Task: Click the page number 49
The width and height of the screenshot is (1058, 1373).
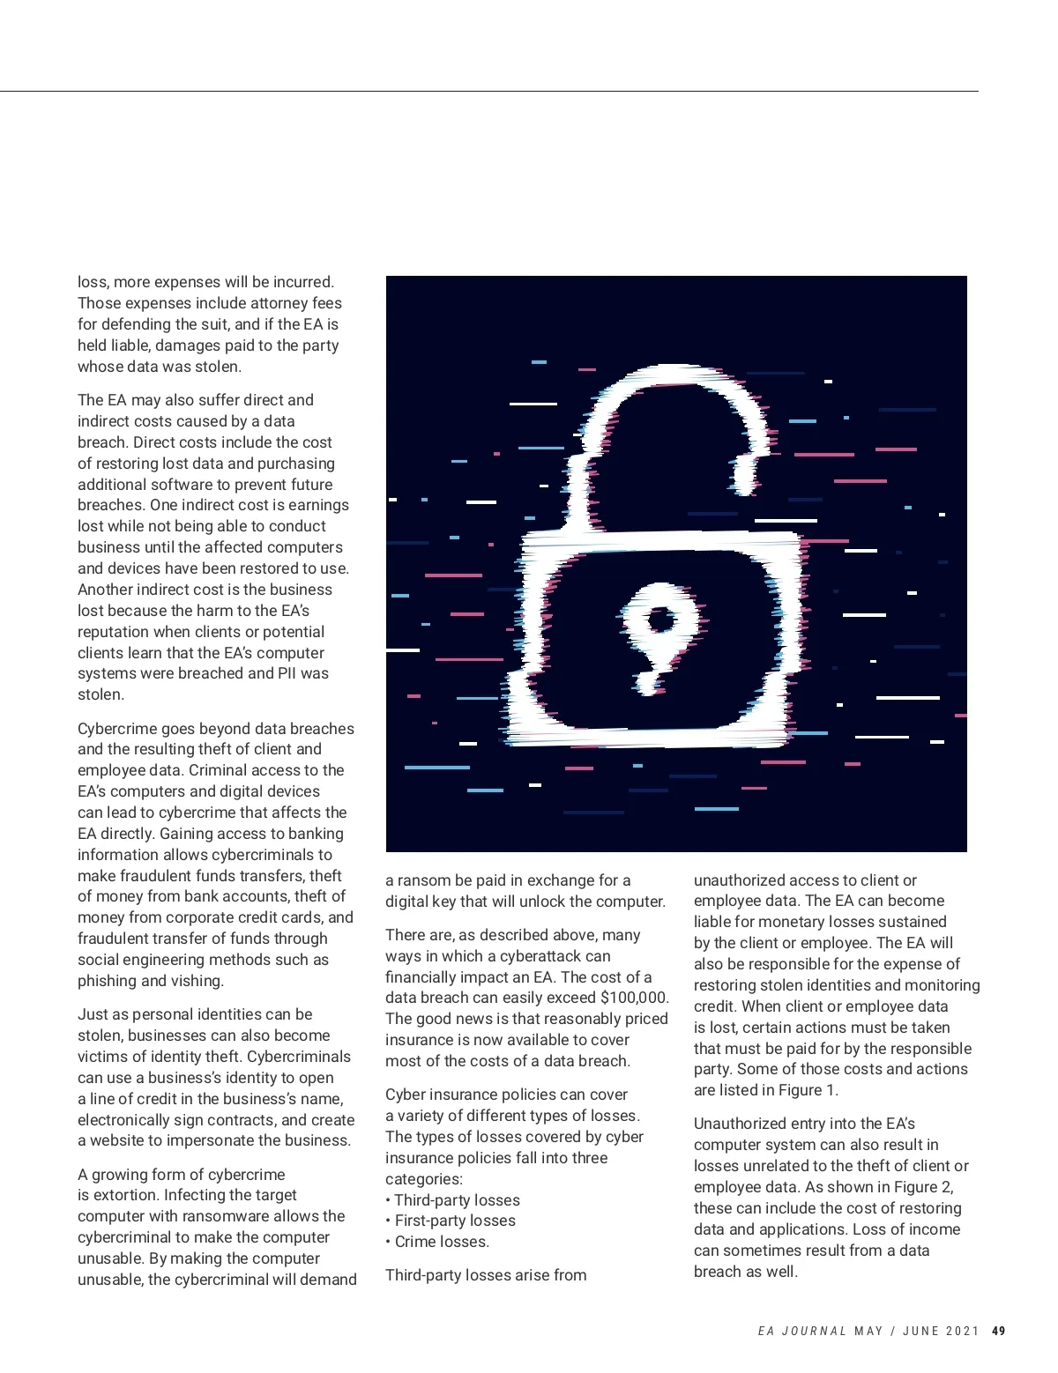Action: pos(998,1331)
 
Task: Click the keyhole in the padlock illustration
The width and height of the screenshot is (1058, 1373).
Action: pos(659,621)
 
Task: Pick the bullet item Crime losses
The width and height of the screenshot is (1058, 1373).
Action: pos(441,1242)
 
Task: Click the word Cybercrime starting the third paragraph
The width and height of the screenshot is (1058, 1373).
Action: pos(117,729)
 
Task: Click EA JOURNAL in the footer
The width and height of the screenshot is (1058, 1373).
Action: pos(801,1331)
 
